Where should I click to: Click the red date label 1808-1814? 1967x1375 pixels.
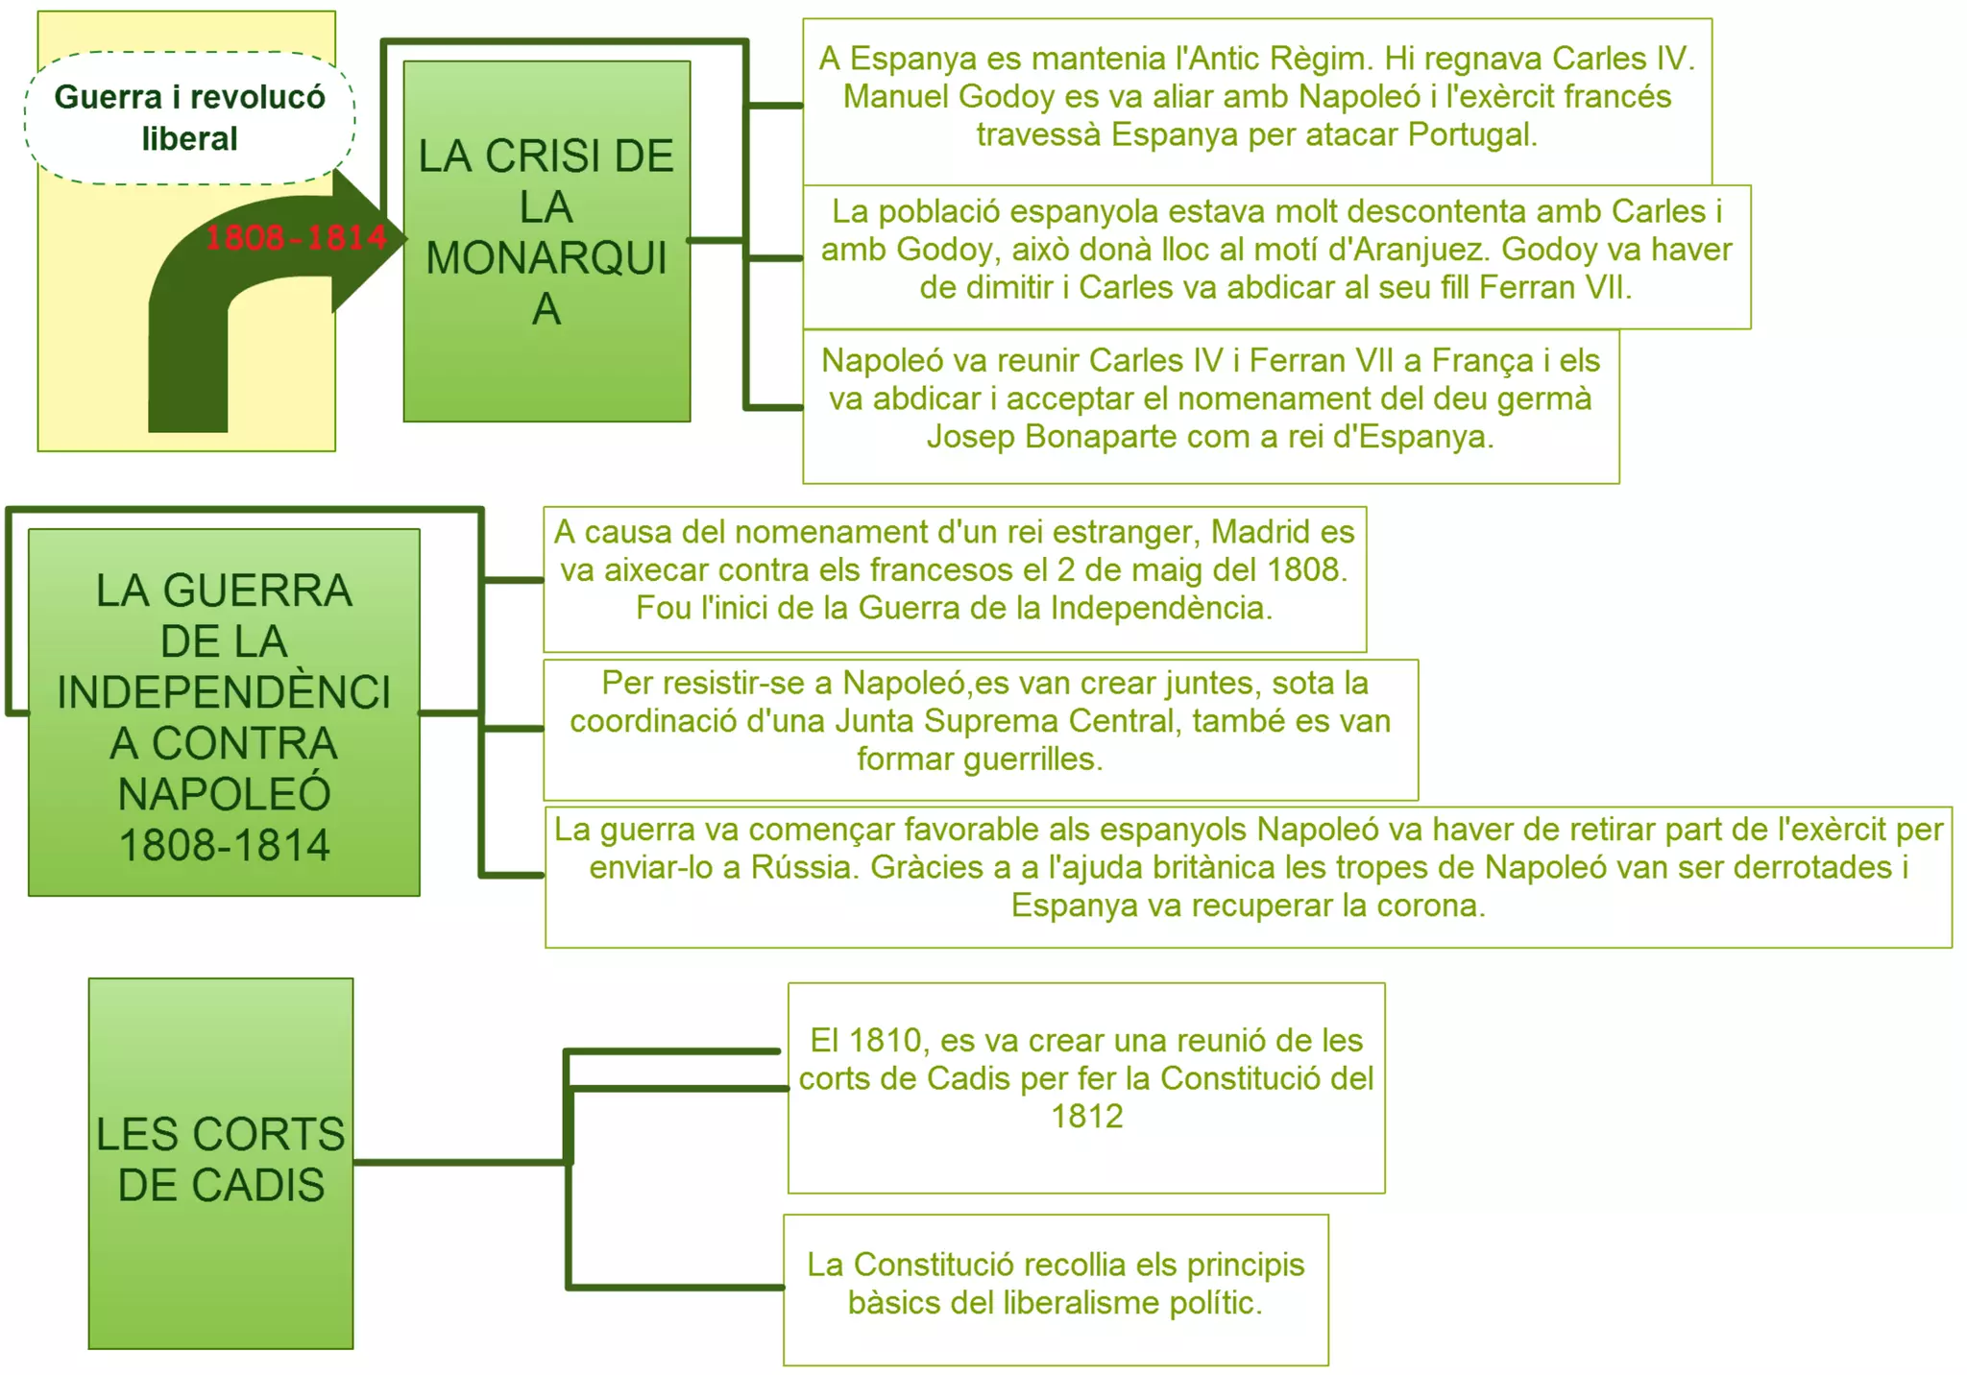[x=296, y=237]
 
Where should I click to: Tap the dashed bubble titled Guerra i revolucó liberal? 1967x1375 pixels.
[x=189, y=117]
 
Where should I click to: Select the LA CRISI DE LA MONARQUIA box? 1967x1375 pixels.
[x=546, y=240]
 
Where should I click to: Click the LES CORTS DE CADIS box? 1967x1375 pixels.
[x=221, y=1162]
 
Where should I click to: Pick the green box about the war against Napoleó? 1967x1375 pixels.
[x=224, y=712]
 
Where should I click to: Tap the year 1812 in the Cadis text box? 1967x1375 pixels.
[x=1086, y=1117]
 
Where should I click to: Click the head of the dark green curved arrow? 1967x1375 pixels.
[x=369, y=240]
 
